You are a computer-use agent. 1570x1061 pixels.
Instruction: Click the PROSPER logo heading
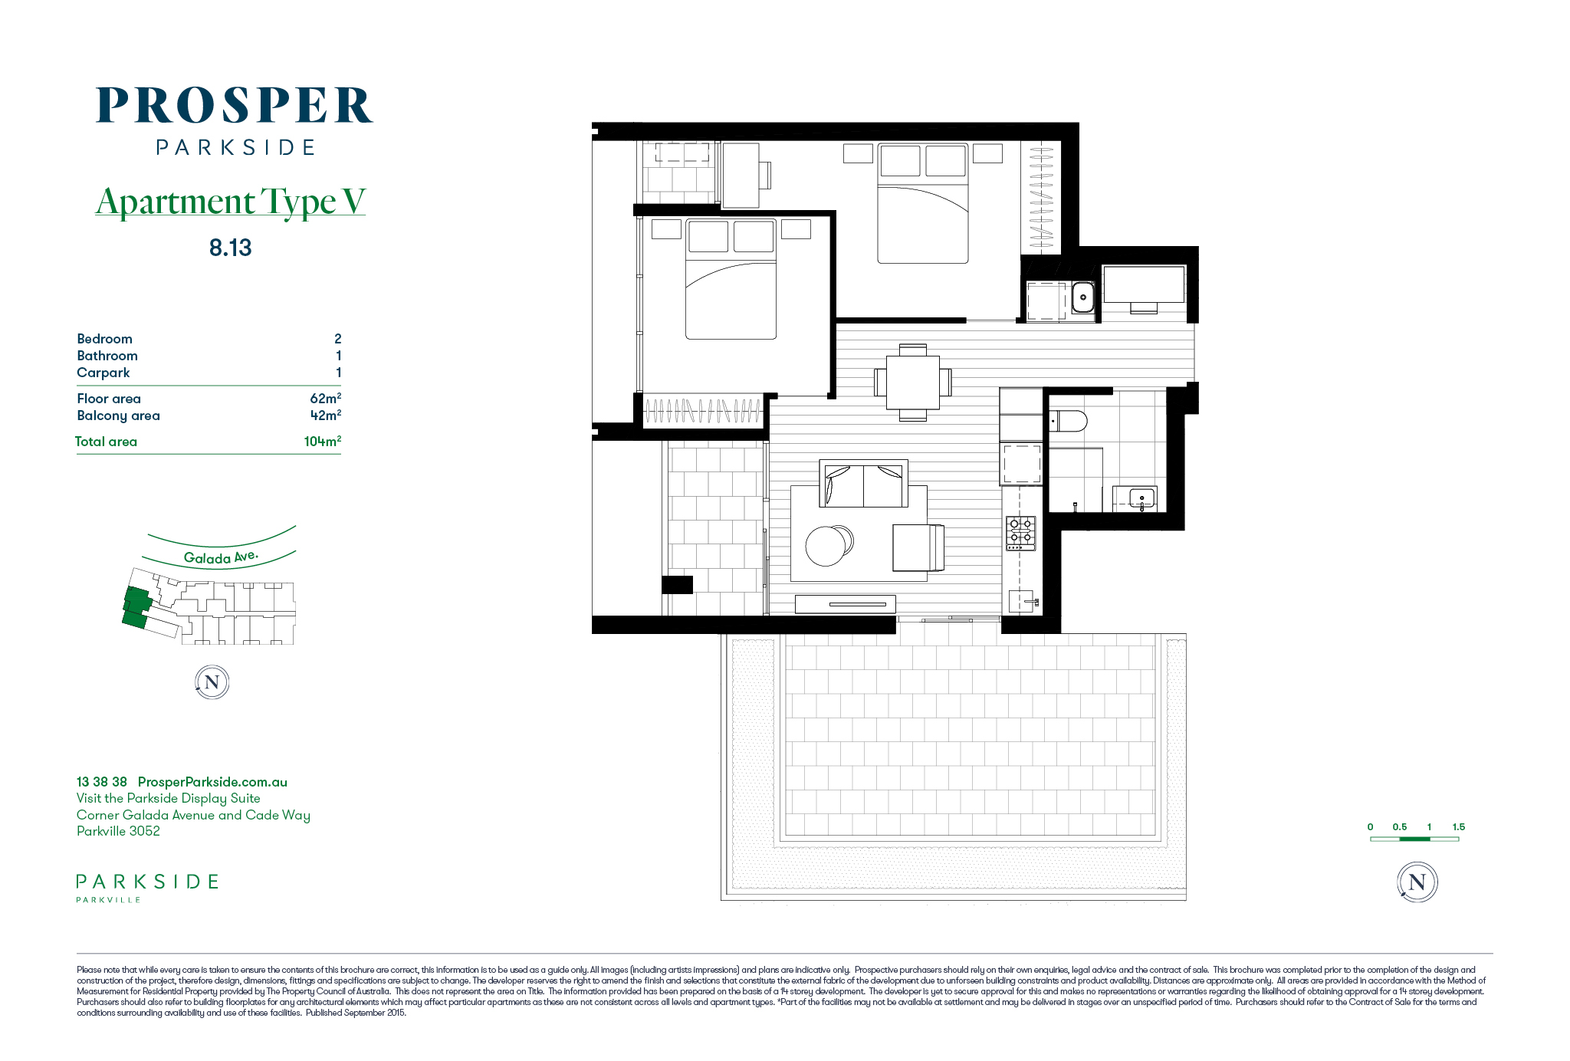pyautogui.click(x=235, y=106)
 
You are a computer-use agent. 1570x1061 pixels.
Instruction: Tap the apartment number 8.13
pyautogui.click(x=230, y=248)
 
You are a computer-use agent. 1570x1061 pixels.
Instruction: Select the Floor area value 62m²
pyautogui.click(x=325, y=398)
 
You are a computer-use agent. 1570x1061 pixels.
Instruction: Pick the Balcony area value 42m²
pyautogui.click(x=325, y=415)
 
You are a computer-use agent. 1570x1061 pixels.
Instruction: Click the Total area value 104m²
pyautogui.click(x=322, y=441)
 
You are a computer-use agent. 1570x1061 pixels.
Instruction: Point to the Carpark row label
pyautogui.click(x=103, y=373)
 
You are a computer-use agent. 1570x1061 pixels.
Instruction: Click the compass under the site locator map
pyautogui.click(x=212, y=682)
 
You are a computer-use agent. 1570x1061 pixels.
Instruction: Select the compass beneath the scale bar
pyautogui.click(x=1417, y=882)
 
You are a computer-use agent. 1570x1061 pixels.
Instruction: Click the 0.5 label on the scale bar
pyautogui.click(x=1400, y=826)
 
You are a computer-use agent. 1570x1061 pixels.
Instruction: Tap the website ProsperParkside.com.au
pyautogui.click(x=212, y=782)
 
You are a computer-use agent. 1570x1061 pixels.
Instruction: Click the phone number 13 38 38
pyautogui.click(x=101, y=782)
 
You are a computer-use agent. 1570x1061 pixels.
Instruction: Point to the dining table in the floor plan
pyautogui.click(x=912, y=383)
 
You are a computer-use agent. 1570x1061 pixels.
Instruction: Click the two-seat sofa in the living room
pyautogui.click(x=863, y=484)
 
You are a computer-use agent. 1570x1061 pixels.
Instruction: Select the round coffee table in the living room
pyautogui.click(x=826, y=546)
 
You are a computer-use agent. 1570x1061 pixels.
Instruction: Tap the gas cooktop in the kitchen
pyautogui.click(x=1020, y=533)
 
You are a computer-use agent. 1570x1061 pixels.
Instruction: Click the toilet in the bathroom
pyautogui.click(x=1068, y=421)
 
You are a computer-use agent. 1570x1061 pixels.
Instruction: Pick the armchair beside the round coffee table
pyautogui.click(x=918, y=547)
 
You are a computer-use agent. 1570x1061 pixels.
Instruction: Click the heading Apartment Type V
pyautogui.click(x=231, y=202)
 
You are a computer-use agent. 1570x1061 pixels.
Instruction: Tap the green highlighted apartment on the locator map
pyautogui.click(x=136, y=608)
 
